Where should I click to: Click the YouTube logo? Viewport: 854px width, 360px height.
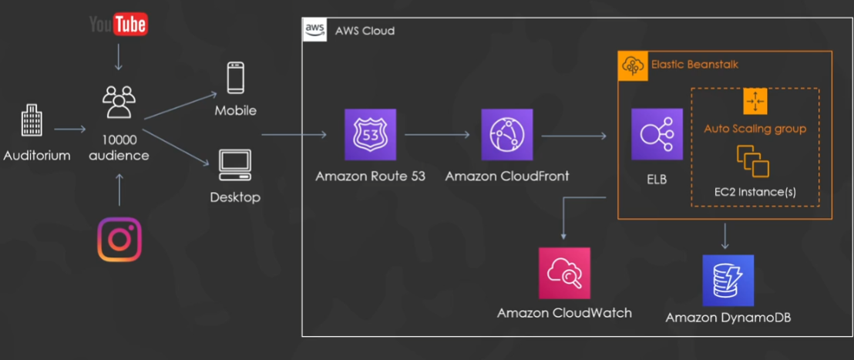(118, 24)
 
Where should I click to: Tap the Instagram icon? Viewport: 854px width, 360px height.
(119, 240)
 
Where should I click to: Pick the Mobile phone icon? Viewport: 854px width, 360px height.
(235, 79)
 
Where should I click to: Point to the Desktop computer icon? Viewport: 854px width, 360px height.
(235, 163)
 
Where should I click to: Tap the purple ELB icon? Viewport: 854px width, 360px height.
(657, 134)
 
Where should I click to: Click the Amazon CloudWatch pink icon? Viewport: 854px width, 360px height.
(564, 273)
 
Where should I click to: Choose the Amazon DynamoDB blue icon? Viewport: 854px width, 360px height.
(728, 281)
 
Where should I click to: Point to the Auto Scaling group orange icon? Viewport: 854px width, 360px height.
(755, 102)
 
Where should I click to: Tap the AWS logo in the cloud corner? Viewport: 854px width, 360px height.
(314, 30)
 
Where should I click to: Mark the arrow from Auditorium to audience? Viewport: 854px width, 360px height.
(71, 130)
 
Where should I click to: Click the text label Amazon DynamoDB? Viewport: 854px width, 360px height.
(728, 318)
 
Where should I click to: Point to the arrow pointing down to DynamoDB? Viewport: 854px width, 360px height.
(726, 236)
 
